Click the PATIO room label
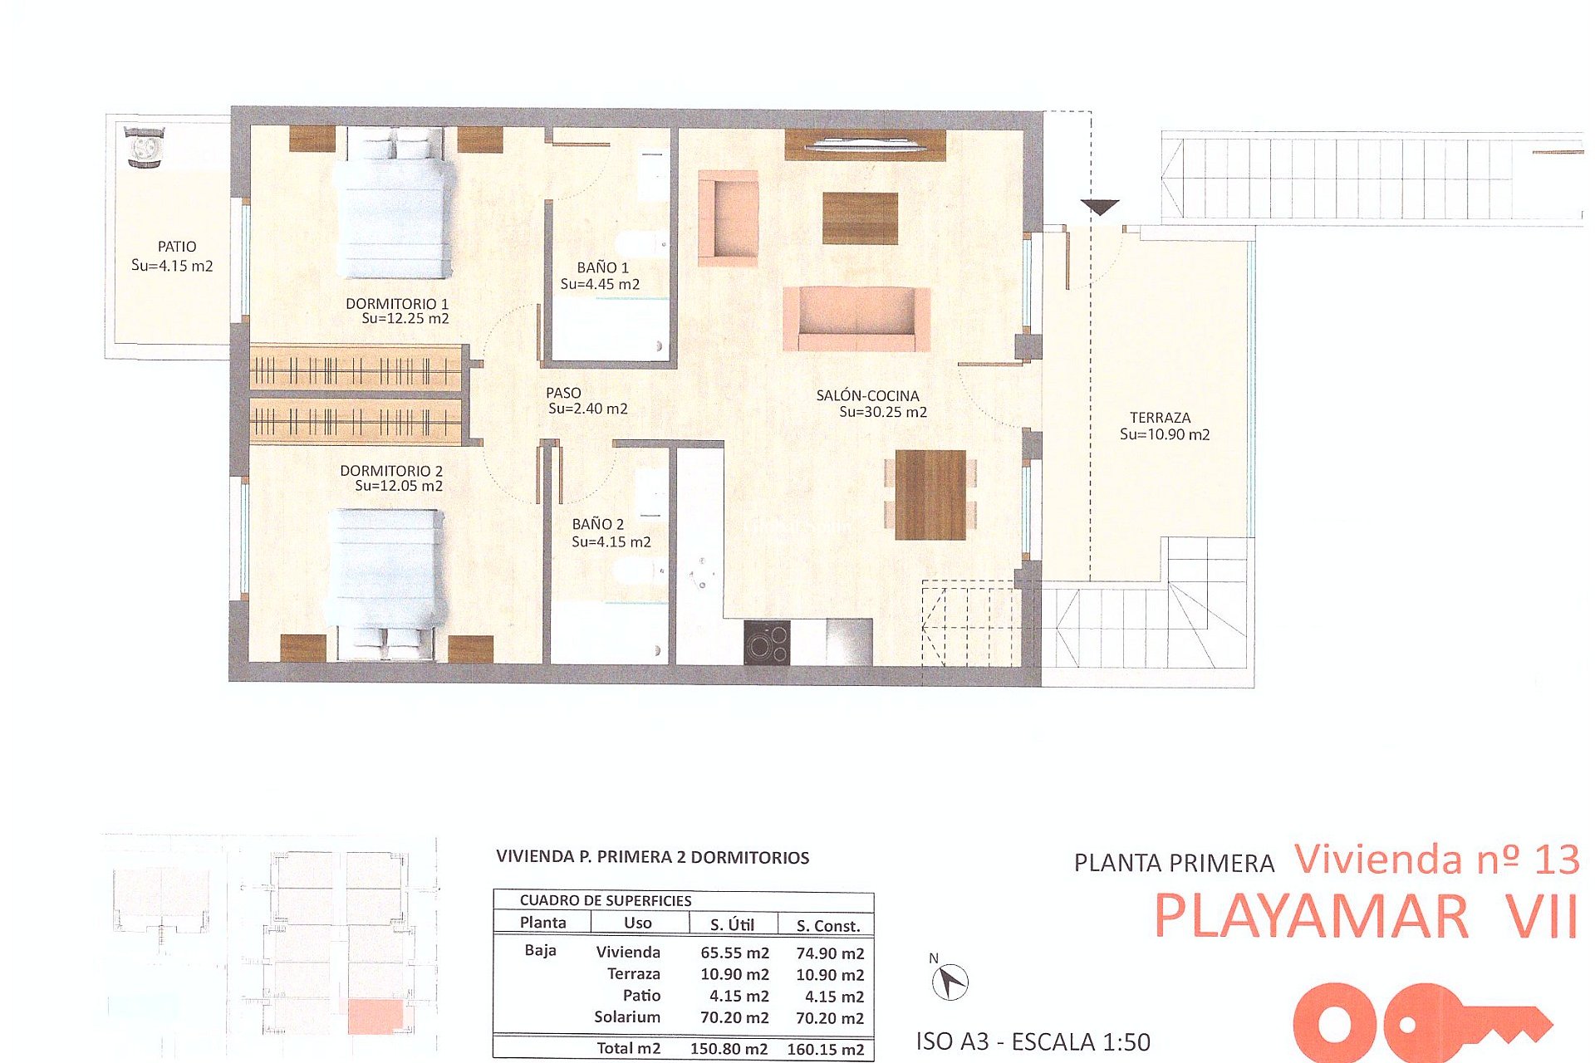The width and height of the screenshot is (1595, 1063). click(x=177, y=247)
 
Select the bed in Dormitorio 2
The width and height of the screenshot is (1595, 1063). click(x=386, y=573)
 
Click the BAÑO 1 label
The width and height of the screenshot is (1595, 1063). click(x=602, y=267)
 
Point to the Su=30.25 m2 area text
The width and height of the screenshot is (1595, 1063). click(x=882, y=412)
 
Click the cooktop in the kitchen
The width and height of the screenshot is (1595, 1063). click(x=766, y=643)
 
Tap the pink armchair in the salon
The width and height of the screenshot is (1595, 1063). click(x=729, y=218)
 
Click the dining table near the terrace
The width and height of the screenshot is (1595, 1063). click(x=930, y=495)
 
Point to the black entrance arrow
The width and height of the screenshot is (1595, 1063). click(x=1100, y=207)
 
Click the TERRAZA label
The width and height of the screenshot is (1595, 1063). click(x=1160, y=418)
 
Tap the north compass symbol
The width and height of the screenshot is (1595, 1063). click(x=950, y=982)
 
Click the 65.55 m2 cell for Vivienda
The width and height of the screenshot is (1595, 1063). click(x=734, y=953)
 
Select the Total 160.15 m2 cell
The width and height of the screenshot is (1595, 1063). click(x=825, y=1049)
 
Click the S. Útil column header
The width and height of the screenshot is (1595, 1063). click(x=732, y=924)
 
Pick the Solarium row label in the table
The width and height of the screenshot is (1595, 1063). click(x=627, y=1016)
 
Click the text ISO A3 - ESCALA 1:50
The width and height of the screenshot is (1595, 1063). click(x=1033, y=1041)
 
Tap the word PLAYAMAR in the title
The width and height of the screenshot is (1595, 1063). click(x=1311, y=917)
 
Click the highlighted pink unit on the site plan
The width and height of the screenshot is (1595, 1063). click(x=374, y=1017)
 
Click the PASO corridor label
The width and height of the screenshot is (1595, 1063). click(x=563, y=393)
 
